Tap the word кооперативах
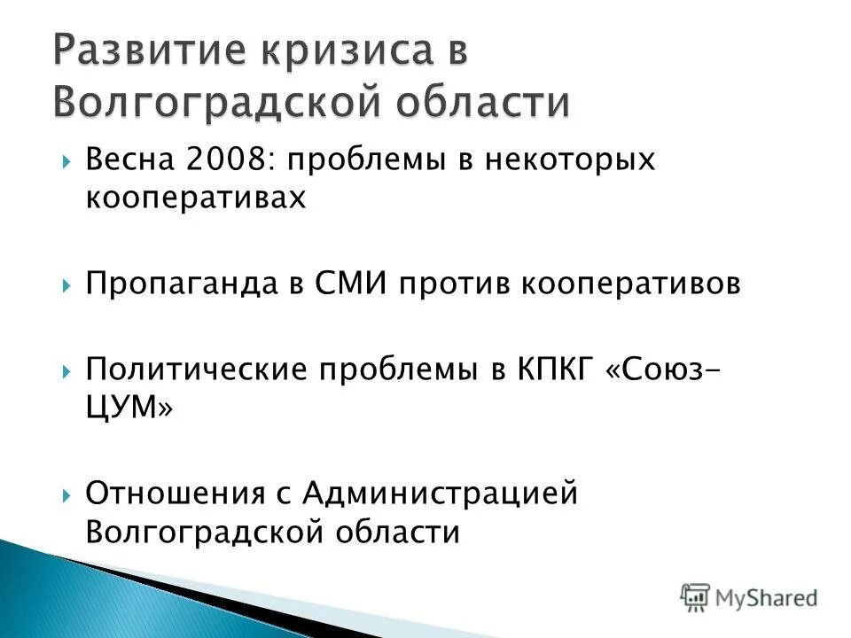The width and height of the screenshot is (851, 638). coord(195,197)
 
